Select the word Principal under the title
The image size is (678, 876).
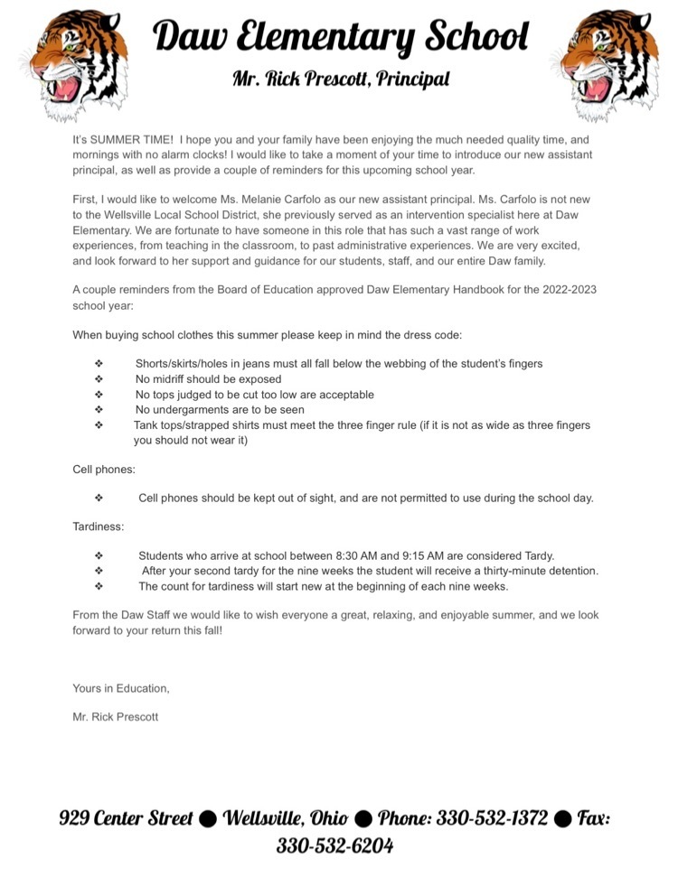(412, 79)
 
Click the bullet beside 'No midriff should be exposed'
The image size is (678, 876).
(99, 379)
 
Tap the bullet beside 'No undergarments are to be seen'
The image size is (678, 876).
(99, 410)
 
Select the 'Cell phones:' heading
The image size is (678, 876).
(104, 470)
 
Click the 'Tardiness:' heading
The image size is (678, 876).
(99, 526)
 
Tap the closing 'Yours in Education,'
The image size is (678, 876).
(121, 688)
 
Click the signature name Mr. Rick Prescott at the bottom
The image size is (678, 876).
(116, 717)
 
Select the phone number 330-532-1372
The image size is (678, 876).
(492, 818)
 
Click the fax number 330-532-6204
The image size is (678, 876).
(334, 846)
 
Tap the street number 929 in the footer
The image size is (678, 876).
(76, 818)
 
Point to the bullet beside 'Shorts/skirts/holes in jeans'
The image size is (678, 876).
(99, 364)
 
